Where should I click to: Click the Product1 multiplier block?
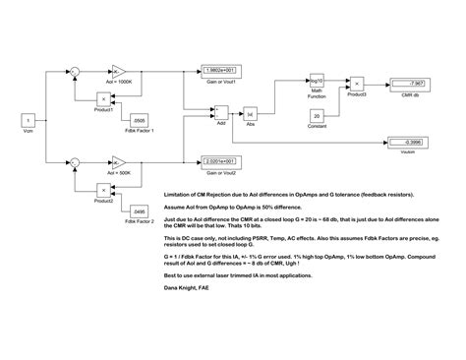[100, 97]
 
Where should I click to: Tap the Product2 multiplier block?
[100, 187]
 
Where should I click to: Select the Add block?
[221, 114]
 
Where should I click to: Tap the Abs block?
[250, 114]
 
